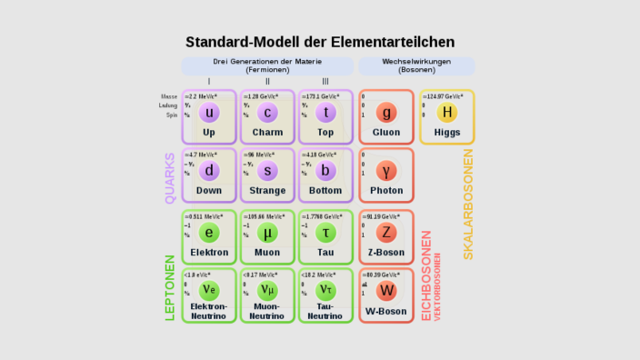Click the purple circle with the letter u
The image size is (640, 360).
210,113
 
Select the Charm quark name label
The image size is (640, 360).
267,132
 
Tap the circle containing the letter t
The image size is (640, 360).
325,113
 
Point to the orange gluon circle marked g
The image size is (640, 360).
386,113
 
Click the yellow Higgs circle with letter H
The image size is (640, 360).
446,113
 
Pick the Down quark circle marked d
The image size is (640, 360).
210,171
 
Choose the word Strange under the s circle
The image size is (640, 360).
267,191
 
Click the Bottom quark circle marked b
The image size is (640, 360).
325,171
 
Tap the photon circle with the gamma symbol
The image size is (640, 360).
386,171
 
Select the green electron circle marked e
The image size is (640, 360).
210,232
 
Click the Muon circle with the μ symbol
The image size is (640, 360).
267,232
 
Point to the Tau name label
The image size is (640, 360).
325,252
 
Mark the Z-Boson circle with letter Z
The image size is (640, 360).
386,232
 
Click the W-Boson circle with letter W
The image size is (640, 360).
386,291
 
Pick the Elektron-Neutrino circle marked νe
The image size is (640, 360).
210,291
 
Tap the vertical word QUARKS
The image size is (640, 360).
170,177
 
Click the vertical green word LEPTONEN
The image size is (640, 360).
170,286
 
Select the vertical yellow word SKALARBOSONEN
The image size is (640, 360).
468,205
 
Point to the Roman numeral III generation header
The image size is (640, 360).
325,82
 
